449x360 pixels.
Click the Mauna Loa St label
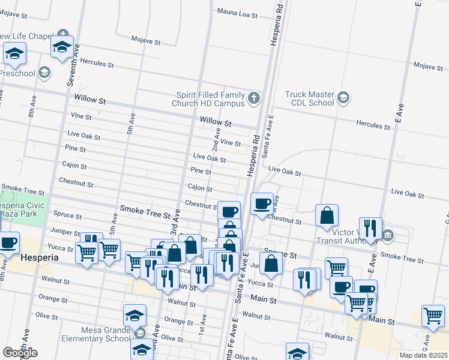[237, 13]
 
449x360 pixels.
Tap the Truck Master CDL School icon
[343, 98]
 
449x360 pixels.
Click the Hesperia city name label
[39, 257]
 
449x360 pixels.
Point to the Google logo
[20, 353]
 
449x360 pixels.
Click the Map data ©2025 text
[424, 355]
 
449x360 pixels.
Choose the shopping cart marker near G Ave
[433, 316]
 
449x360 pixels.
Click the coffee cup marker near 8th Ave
[8, 242]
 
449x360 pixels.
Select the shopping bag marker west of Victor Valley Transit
[327, 215]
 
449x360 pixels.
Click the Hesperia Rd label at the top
[277, 24]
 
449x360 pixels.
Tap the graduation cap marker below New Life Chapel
[62, 47]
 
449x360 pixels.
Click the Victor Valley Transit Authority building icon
[388, 233]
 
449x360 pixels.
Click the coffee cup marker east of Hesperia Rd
[262, 204]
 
